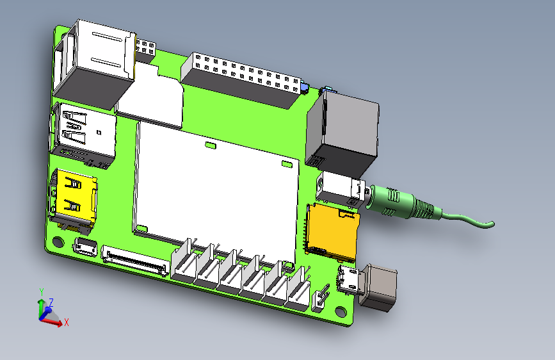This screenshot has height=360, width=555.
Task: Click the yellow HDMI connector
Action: tap(74, 195)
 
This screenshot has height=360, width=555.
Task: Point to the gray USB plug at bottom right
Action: tap(379, 288)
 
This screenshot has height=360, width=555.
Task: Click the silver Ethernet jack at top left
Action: tap(96, 61)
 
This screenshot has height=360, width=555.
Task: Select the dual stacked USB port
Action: tap(83, 131)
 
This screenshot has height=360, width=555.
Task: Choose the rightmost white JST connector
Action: tap(297, 291)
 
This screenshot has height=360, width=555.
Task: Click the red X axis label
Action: tap(66, 323)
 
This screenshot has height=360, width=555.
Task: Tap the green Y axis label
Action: tap(41, 291)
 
